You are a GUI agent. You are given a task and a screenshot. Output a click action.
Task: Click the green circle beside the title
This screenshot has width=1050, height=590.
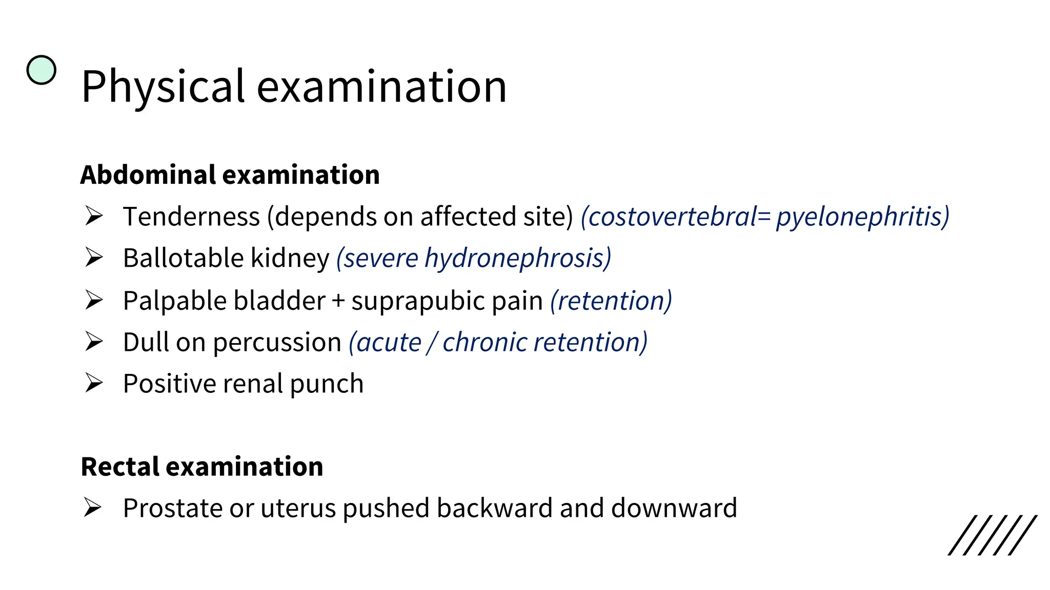[x=41, y=70]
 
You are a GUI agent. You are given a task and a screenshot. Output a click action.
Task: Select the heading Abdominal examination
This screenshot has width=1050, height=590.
[x=230, y=175]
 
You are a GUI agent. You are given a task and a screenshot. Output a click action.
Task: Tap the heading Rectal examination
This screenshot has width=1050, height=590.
[x=202, y=467]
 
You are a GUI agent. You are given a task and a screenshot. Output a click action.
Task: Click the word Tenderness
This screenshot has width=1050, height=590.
[x=191, y=217]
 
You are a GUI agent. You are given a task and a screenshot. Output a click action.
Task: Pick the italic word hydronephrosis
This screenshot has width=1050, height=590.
[x=518, y=258]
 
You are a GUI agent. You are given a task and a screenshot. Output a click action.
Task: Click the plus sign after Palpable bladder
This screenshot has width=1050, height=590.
[x=338, y=301]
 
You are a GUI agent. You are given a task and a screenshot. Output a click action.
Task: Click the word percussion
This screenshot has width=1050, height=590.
[x=277, y=343]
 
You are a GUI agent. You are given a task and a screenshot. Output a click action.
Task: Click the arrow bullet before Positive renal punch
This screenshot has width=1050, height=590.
[x=94, y=383]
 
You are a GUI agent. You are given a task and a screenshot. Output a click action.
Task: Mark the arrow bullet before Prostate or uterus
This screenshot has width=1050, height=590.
[x=93, y=508]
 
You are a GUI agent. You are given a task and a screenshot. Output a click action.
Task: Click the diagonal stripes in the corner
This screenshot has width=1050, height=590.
[x=993, y=535]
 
